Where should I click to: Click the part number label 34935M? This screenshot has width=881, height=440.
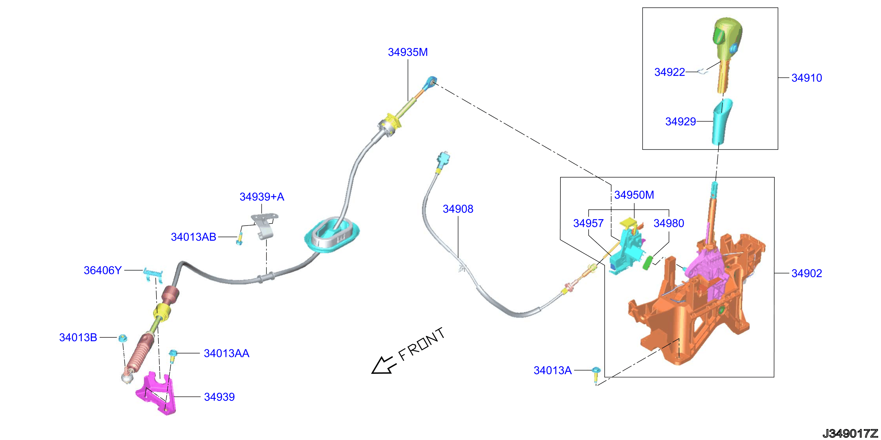click(408, 52)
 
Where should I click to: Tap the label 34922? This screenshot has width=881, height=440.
click(669, 72)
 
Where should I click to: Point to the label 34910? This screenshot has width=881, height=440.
click(806, 78)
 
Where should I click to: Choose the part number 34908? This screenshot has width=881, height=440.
click(458, 209)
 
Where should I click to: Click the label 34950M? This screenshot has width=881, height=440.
click(634, 195)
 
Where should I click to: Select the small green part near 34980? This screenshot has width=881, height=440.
click(648, 263)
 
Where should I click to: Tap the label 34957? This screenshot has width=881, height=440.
click(588, 224)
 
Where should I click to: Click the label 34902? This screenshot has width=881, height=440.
click(806, 273)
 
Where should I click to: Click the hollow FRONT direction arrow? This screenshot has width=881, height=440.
click(384, 366)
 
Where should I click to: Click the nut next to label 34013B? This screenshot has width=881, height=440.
click(123, 338)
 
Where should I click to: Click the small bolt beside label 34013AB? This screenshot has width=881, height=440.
click(240, 238)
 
